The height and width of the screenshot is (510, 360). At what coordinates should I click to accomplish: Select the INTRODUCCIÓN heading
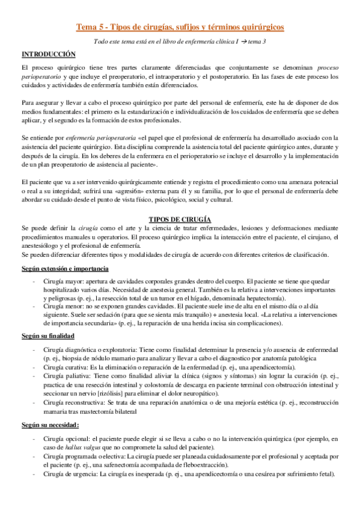coord(48,54)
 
